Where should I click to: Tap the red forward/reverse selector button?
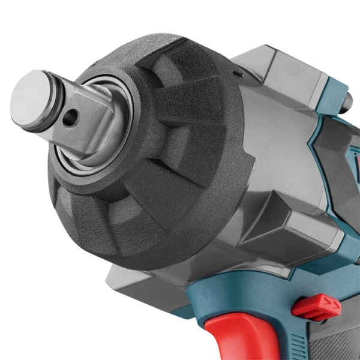(316, 307)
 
